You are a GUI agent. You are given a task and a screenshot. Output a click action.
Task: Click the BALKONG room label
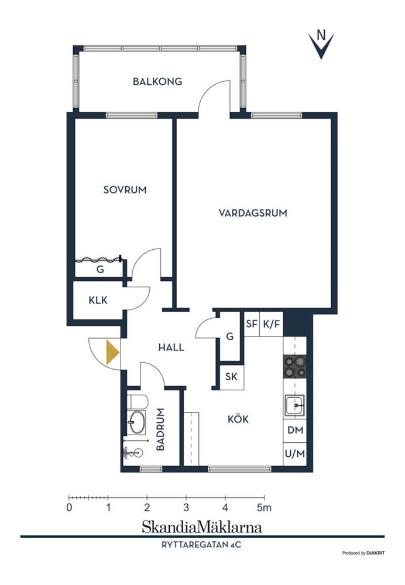(157, 81)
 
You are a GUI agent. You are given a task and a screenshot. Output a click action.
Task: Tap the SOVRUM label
(125, 190)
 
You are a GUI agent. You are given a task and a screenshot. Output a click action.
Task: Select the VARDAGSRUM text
(253, 213)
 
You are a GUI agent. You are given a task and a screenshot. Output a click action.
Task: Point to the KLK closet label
(98, 300)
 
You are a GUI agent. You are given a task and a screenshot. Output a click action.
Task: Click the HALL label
(171, 347)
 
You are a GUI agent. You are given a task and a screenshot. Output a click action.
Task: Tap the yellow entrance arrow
(112, 352)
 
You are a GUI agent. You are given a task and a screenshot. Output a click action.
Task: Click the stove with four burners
(295, 366)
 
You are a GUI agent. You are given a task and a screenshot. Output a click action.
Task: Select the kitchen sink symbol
(295, 405)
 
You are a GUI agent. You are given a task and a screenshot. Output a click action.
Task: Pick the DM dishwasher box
(295, 430)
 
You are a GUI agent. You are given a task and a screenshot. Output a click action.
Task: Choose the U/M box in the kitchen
(295, 454)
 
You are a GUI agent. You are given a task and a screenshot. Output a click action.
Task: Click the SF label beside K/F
(252, 324)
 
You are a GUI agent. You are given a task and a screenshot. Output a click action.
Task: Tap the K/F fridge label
(272, 324)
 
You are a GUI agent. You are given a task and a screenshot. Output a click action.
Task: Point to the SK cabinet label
(231, 376)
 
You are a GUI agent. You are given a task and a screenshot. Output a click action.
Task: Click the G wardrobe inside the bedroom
(100, 269)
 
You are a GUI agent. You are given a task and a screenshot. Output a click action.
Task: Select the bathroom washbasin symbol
(136, 422)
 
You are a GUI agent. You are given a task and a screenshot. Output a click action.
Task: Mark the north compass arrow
(321, 46)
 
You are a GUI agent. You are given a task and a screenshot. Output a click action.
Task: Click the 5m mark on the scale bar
(264, 507)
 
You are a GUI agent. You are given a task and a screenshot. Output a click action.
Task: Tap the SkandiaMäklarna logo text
(201, 527)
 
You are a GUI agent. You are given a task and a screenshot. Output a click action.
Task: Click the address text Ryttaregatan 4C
(201, 545)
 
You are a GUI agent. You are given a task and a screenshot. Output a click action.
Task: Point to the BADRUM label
(160, 429)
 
